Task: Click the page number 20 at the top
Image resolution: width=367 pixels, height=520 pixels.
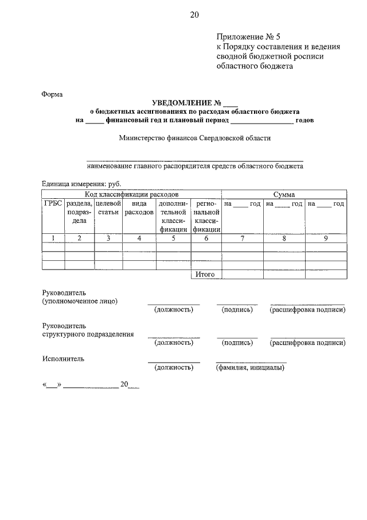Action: point(194,14)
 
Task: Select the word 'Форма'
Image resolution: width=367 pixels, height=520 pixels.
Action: point(52,94)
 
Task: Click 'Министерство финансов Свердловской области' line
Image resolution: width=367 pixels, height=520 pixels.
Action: point(195,138)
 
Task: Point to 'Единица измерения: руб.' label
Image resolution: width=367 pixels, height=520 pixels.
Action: point(81,183)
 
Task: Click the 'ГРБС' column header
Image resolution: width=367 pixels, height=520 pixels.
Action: point(53,204)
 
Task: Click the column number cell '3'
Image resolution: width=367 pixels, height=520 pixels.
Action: point(108,238)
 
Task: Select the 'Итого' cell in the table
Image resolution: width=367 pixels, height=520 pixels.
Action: point(205,275)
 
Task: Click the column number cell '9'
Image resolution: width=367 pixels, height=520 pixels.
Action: point(325,238)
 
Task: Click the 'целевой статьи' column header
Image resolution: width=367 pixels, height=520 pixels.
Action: point(108,208)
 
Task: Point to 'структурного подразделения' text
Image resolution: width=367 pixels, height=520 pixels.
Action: point(88,334)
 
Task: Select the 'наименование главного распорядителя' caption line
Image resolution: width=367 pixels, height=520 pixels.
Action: point(195,166)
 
